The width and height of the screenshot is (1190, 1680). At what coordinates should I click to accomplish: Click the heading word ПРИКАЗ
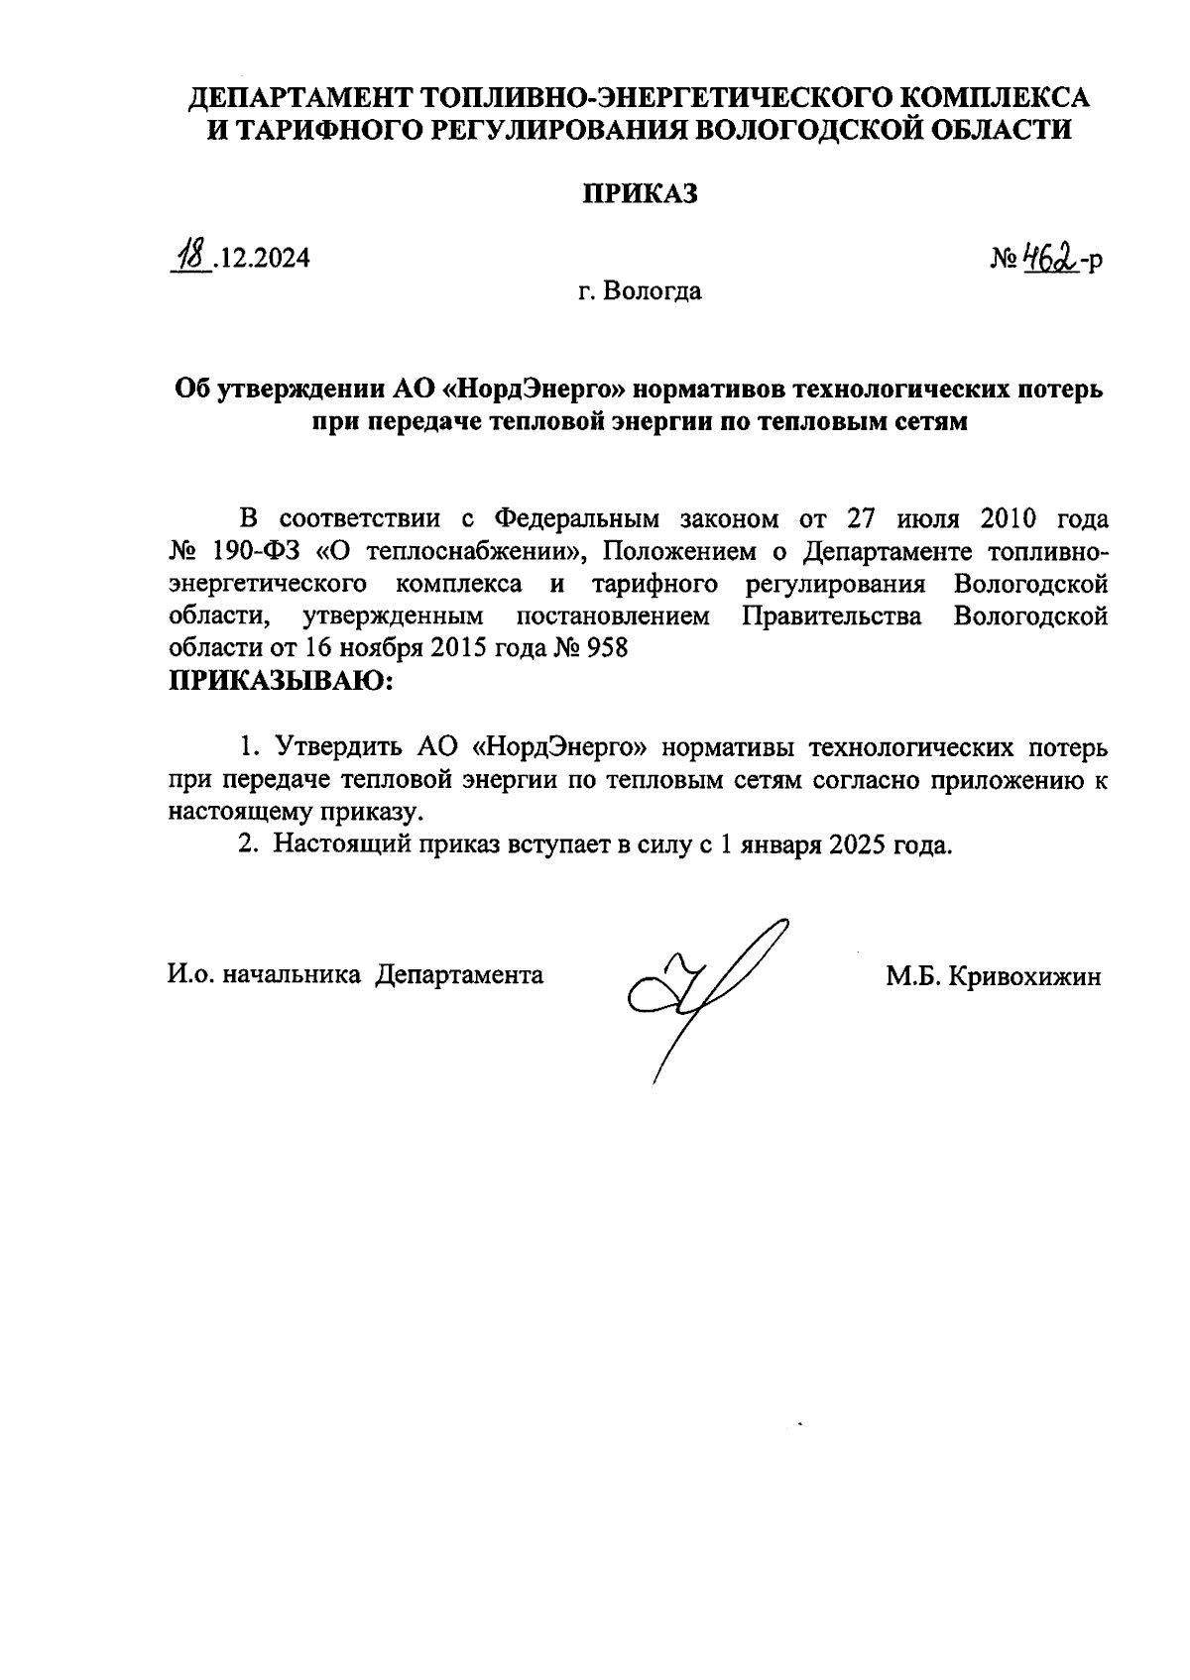pyautogui.click(x=639, y=194)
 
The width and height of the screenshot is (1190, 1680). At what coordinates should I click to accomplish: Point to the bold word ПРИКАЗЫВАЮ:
pyautogui.click(x=281, y=681)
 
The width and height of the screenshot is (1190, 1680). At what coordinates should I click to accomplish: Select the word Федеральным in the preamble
pyautogui.click(x=577, y=519)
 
